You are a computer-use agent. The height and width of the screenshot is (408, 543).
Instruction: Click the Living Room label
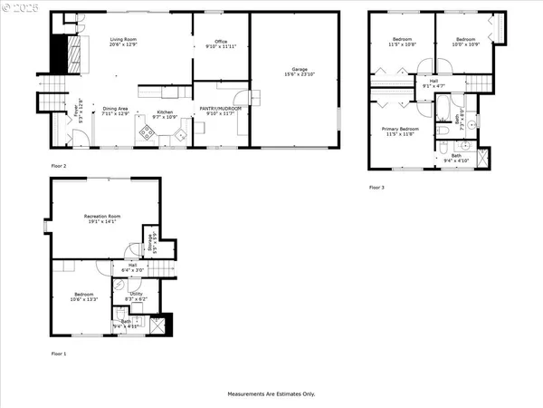click(123, 40)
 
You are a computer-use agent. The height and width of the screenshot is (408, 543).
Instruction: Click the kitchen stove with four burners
click(146, 133)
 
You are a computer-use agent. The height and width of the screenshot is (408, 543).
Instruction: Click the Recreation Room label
click(102, 216)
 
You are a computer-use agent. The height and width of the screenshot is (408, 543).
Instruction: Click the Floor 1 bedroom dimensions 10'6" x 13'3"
click(84, 299)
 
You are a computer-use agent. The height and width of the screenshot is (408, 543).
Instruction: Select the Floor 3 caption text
click(376, 188)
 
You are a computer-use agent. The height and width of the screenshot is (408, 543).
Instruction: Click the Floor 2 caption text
click(59, 166)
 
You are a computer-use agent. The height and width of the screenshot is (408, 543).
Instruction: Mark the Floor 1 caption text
click(59, 354)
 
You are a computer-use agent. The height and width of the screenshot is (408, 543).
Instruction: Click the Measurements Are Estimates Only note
click(271, 394)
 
